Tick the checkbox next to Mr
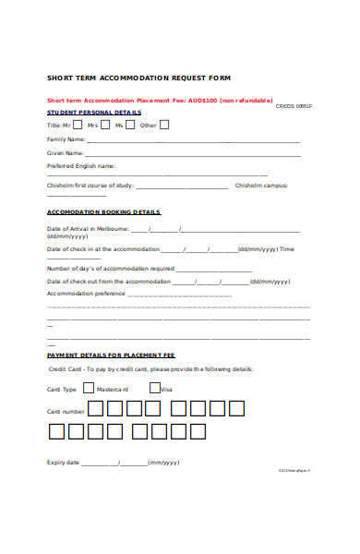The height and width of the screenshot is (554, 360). pos(78,124)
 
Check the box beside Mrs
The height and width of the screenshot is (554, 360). pos(104,124)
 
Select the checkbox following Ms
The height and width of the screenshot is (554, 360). pos(130,124)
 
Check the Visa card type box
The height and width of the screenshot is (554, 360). pos(154,389)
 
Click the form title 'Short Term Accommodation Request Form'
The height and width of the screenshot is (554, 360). pos(138,77)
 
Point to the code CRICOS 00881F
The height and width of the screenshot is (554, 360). pos(294,106)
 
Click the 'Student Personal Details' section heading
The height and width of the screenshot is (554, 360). pos(94,112)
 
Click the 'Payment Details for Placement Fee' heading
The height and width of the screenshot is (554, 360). pos(111,355)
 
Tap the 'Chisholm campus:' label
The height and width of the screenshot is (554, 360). pos(262,186)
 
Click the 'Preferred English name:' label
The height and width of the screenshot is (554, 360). pos(81,166)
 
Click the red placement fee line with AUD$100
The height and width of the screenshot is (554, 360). pos(147,100)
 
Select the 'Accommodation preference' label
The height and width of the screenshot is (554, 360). pos(86,293)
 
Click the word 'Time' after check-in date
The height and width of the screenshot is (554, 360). pos(287,249)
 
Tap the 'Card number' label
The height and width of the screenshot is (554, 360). pos(66,411)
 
